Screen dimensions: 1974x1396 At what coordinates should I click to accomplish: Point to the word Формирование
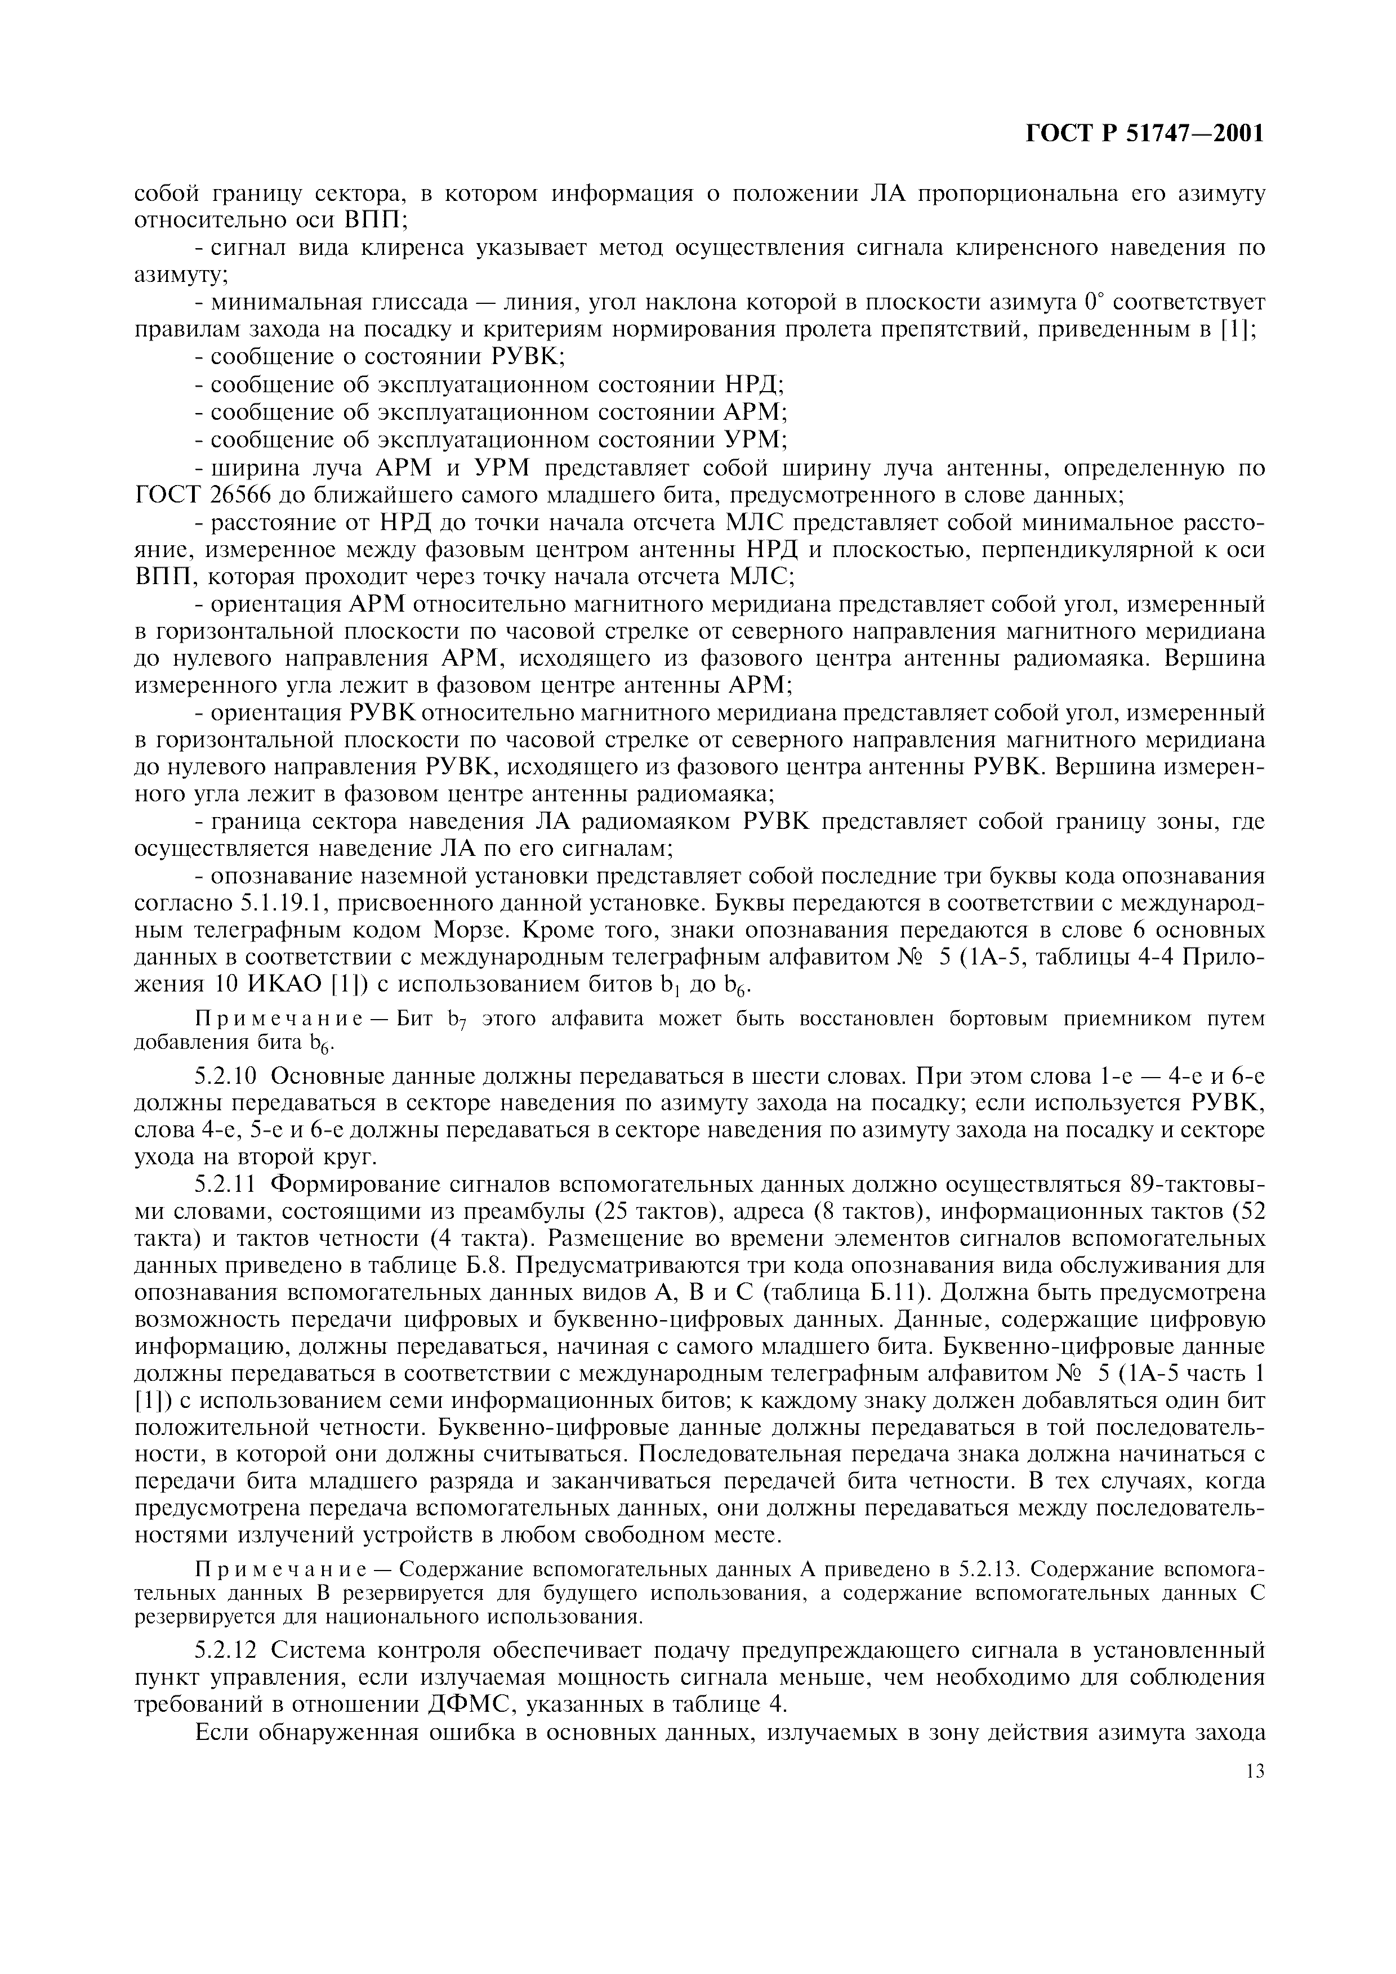358,1185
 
